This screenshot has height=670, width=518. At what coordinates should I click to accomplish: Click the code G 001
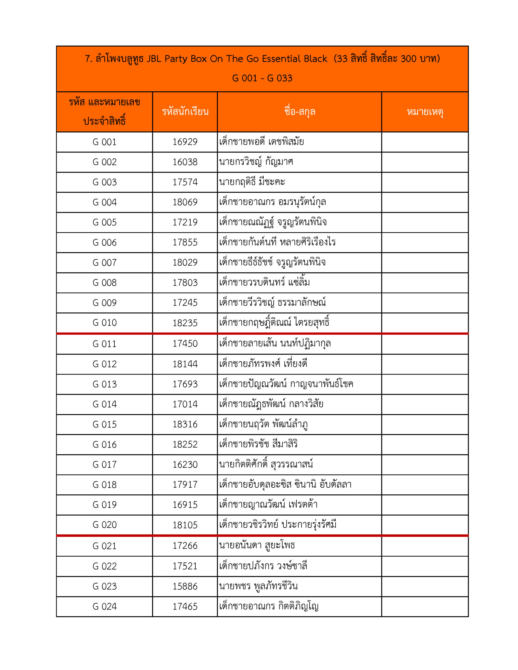[104, 142]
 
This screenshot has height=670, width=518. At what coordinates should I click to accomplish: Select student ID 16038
[185, 162]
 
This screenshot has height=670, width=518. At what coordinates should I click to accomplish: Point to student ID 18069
[185, 202]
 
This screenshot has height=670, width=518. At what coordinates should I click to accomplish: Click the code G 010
[104, 323]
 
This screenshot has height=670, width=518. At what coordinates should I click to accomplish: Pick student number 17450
[185, 344]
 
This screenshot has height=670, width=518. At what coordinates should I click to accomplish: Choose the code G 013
[104, 384]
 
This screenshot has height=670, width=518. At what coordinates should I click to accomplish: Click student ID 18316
[185, 424]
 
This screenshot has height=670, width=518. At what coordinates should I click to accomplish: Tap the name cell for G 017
[266, 464]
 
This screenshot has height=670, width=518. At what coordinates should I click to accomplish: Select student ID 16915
[185, 505]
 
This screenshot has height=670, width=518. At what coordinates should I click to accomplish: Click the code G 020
[104, 524]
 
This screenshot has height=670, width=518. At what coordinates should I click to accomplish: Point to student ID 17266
[185, 545]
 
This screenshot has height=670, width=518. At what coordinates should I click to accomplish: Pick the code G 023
[104, 586]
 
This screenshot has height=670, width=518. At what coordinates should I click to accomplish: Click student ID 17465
[185, 606]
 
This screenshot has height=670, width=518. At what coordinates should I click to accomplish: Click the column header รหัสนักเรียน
[185, 112]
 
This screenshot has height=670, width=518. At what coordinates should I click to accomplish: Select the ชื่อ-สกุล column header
[300, 112]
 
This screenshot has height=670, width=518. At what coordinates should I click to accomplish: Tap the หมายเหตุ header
[425, 112]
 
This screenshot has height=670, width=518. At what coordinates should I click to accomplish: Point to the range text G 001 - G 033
[262, 78]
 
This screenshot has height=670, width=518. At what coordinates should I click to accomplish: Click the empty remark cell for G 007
[425, 263]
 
